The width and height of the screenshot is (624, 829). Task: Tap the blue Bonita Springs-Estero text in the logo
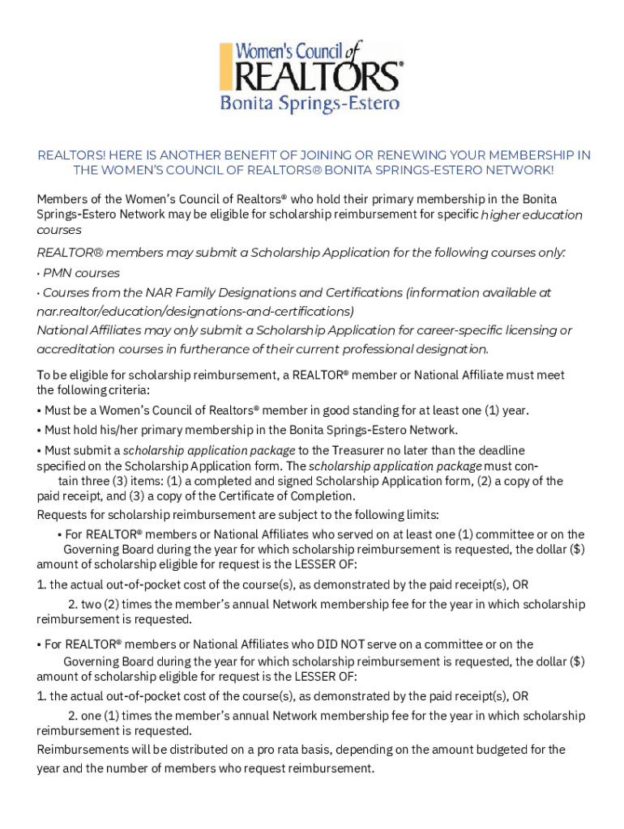310,104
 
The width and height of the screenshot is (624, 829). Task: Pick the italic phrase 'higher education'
532,215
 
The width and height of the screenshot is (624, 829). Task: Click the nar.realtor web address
195,311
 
